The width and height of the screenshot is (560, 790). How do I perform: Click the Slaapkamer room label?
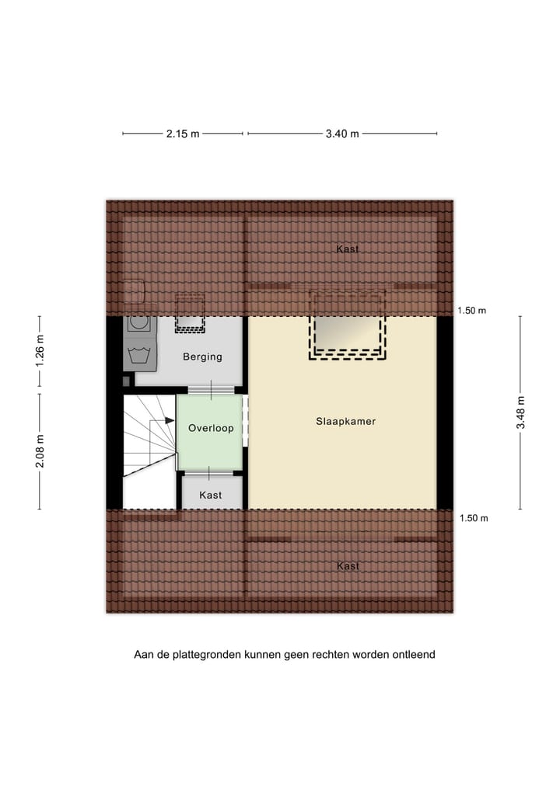(x=345, y=422)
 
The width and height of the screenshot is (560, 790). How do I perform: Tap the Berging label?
(x=202, y=357)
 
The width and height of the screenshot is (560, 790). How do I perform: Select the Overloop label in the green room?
(x=211, y=428)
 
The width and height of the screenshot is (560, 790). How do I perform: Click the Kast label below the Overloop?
(x=211, y=495)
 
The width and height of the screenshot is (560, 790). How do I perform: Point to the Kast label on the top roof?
(x=348, y=249)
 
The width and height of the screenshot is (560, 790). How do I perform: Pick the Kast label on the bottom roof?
(x=348, y=566)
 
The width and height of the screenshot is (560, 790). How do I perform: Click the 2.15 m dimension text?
(x=183, y=134)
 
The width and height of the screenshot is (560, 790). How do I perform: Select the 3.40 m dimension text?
(x=342, y=134)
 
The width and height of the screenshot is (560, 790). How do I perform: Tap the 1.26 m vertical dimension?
(x=40, y=350)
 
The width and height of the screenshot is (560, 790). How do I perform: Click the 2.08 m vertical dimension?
(x=40, y=449)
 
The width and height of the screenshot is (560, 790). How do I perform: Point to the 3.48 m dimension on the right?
(x=521, y=412)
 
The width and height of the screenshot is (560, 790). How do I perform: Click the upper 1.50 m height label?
(x=472, y=311)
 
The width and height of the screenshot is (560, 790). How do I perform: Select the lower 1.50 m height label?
(x=472, y=518)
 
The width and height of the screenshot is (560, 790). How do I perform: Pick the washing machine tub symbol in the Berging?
(x=141, y=356)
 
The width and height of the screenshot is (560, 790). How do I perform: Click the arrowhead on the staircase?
(x=170, y=420)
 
